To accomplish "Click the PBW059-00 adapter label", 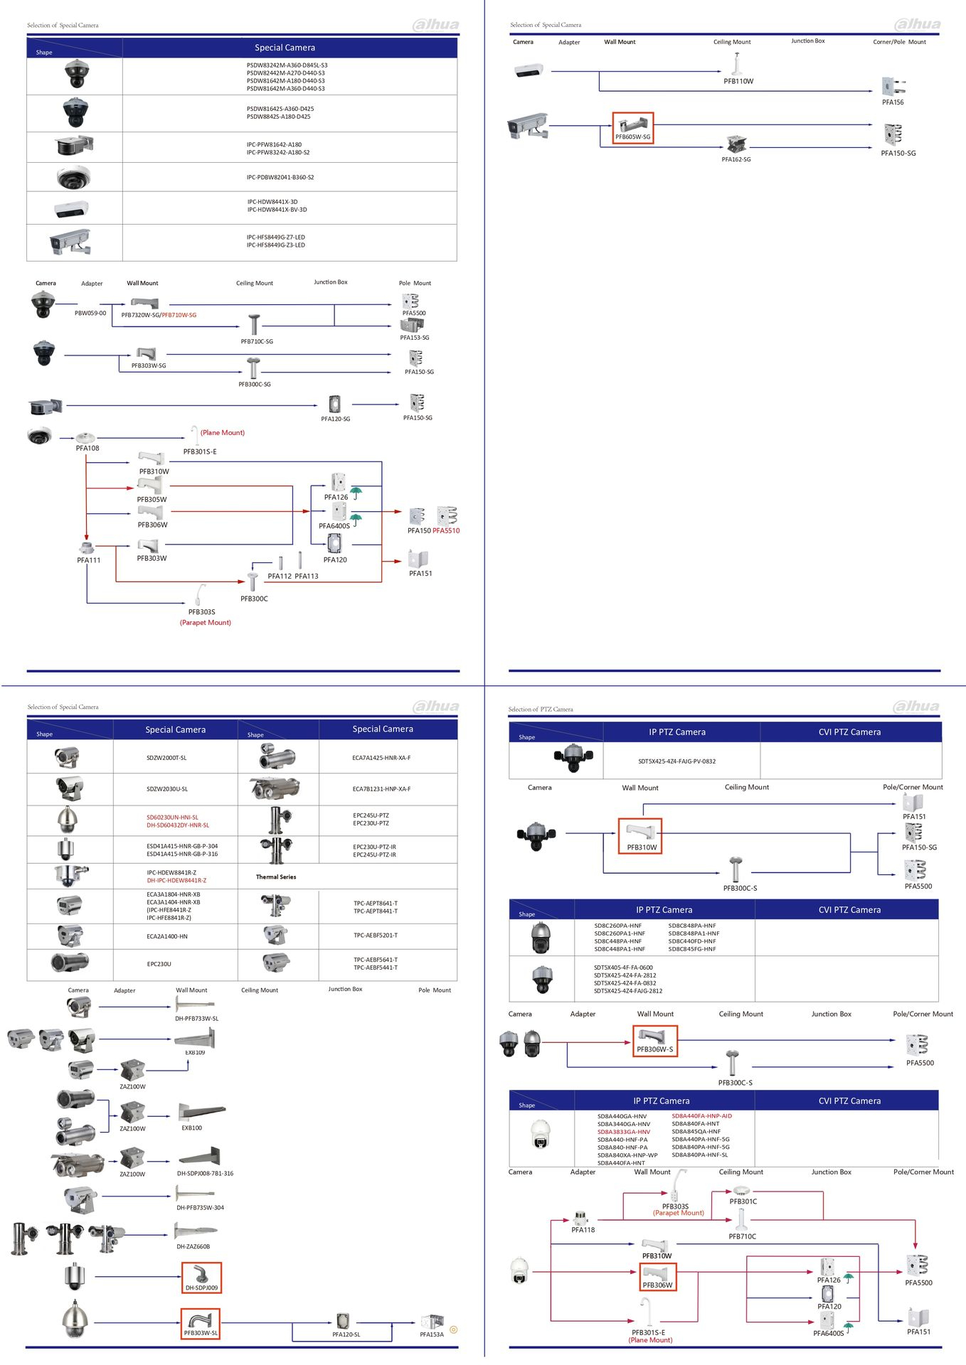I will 90,313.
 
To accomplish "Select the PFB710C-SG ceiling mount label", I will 257,342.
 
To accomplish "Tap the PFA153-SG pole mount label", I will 414,338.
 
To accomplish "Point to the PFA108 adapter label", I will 87,449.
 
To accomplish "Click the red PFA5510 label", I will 446,531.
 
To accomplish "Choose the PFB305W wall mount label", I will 152,500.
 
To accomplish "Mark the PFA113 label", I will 307,577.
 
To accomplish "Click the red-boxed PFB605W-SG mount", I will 632,129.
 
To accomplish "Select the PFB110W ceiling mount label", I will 738,82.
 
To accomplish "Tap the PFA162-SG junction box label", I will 736,160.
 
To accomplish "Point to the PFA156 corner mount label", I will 893,102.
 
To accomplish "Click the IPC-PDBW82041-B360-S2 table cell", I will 280,178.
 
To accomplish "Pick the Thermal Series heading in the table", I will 276,877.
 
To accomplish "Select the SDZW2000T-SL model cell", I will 166,759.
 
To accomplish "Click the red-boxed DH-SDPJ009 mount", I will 201,1278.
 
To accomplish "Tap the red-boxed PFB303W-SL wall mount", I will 201,1324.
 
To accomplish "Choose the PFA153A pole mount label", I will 432,1334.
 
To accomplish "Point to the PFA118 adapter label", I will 583,1230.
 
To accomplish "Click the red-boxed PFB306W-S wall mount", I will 654,1042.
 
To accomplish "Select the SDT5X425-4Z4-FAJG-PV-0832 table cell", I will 676,761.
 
